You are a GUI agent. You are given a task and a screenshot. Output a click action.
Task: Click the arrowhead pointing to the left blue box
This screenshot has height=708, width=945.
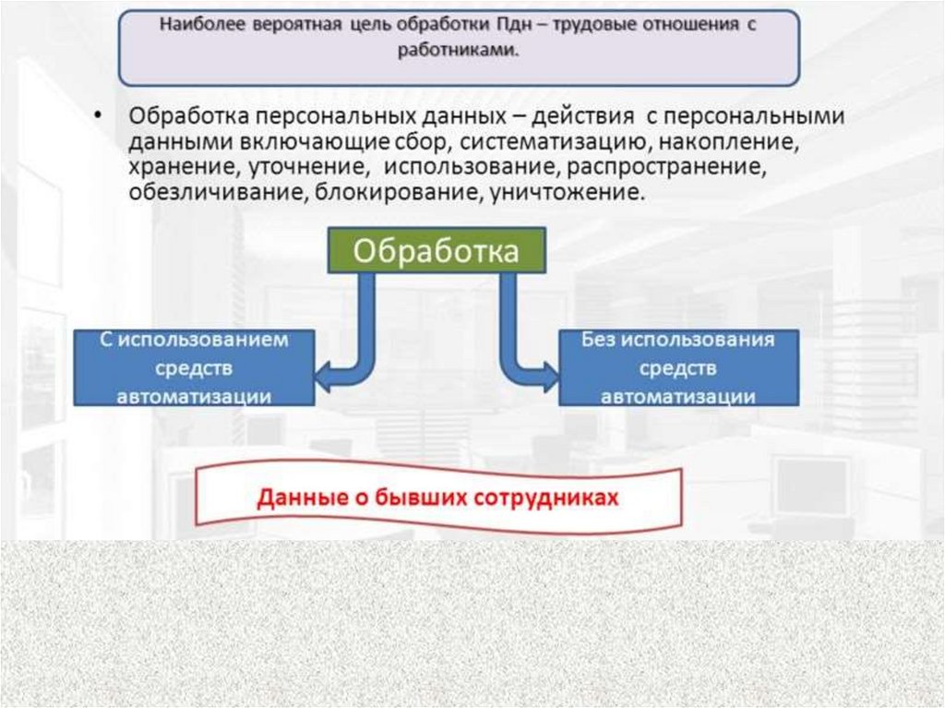(324, 377)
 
